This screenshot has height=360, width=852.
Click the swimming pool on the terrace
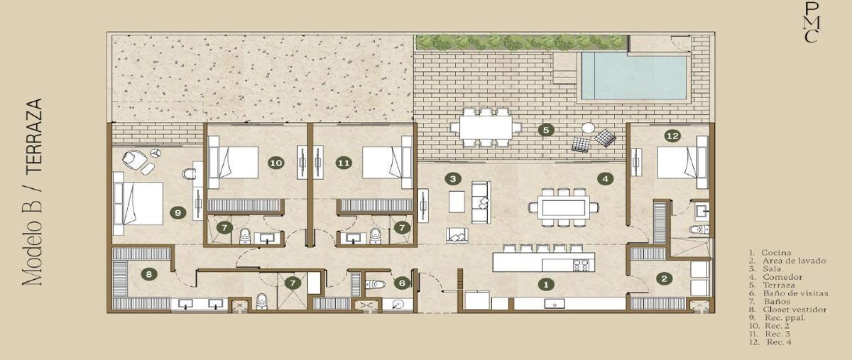633,76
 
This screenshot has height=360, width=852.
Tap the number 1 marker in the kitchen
545,285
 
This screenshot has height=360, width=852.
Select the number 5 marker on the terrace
545,130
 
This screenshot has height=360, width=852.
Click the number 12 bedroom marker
672,135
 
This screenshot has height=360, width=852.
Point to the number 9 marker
178,212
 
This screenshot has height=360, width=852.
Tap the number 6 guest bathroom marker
402,283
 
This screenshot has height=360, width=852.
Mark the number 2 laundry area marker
662,278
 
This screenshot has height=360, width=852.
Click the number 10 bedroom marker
276,163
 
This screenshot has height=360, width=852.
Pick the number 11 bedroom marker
344,163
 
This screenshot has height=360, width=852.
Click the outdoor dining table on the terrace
486,127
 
